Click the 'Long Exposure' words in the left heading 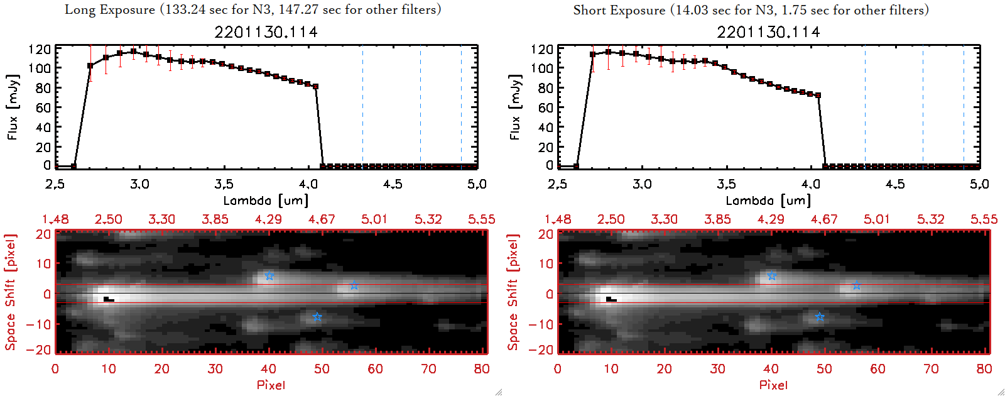point(110,9)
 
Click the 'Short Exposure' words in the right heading point(619,10)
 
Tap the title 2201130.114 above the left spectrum point(266,32)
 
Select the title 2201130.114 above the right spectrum point(768,32)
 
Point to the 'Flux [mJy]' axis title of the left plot point(13,107)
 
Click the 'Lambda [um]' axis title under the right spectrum point(768,201)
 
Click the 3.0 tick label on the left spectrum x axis point(139,184)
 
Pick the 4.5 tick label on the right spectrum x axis point(895,184)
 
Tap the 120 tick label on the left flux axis point(40,49)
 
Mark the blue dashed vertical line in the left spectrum point(461,107)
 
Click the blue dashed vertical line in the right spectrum point(964,107)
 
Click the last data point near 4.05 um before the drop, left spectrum point(315,87)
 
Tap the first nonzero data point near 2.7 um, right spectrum point(593,55)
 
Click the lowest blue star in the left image point(317,317)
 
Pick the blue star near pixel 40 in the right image point(772,276)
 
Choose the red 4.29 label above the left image point(268,219)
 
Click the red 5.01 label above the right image point(877,219)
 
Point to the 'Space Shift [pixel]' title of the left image point(11,292)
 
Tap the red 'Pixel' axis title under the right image point(773,385)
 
